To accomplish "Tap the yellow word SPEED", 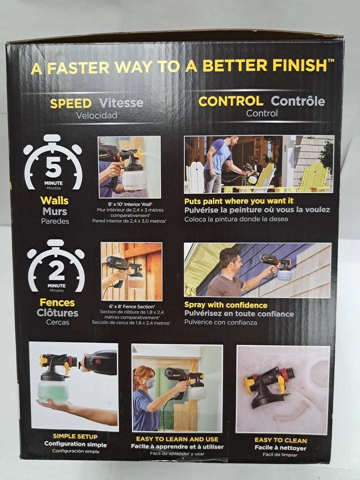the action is click(x=71, y=104).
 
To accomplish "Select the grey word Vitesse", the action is click(x=121, y=103).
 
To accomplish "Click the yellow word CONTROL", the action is click(x=231, y=101).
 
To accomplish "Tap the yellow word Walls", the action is click(x=54, y=201).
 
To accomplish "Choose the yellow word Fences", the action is click(x=57, y=303).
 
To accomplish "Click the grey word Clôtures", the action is click(x=57, y=313).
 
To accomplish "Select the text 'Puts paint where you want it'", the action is click(x=239, y=201).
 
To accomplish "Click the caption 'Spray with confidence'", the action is click(x=226, y=305).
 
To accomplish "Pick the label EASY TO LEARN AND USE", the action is click(x=177, y=439).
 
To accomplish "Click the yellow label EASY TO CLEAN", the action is click(x=281, y=440).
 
